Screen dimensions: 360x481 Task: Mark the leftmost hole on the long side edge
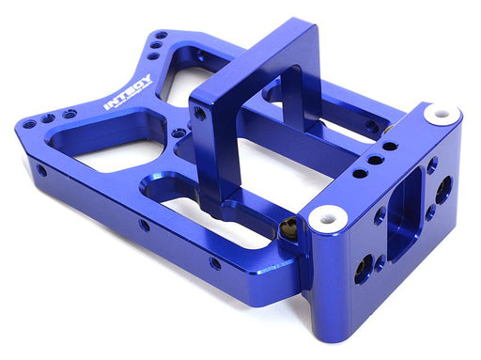pos(41,172)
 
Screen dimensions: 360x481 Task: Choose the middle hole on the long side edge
pos(144,225)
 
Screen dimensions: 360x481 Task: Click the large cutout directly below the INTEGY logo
pos(108,146)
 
